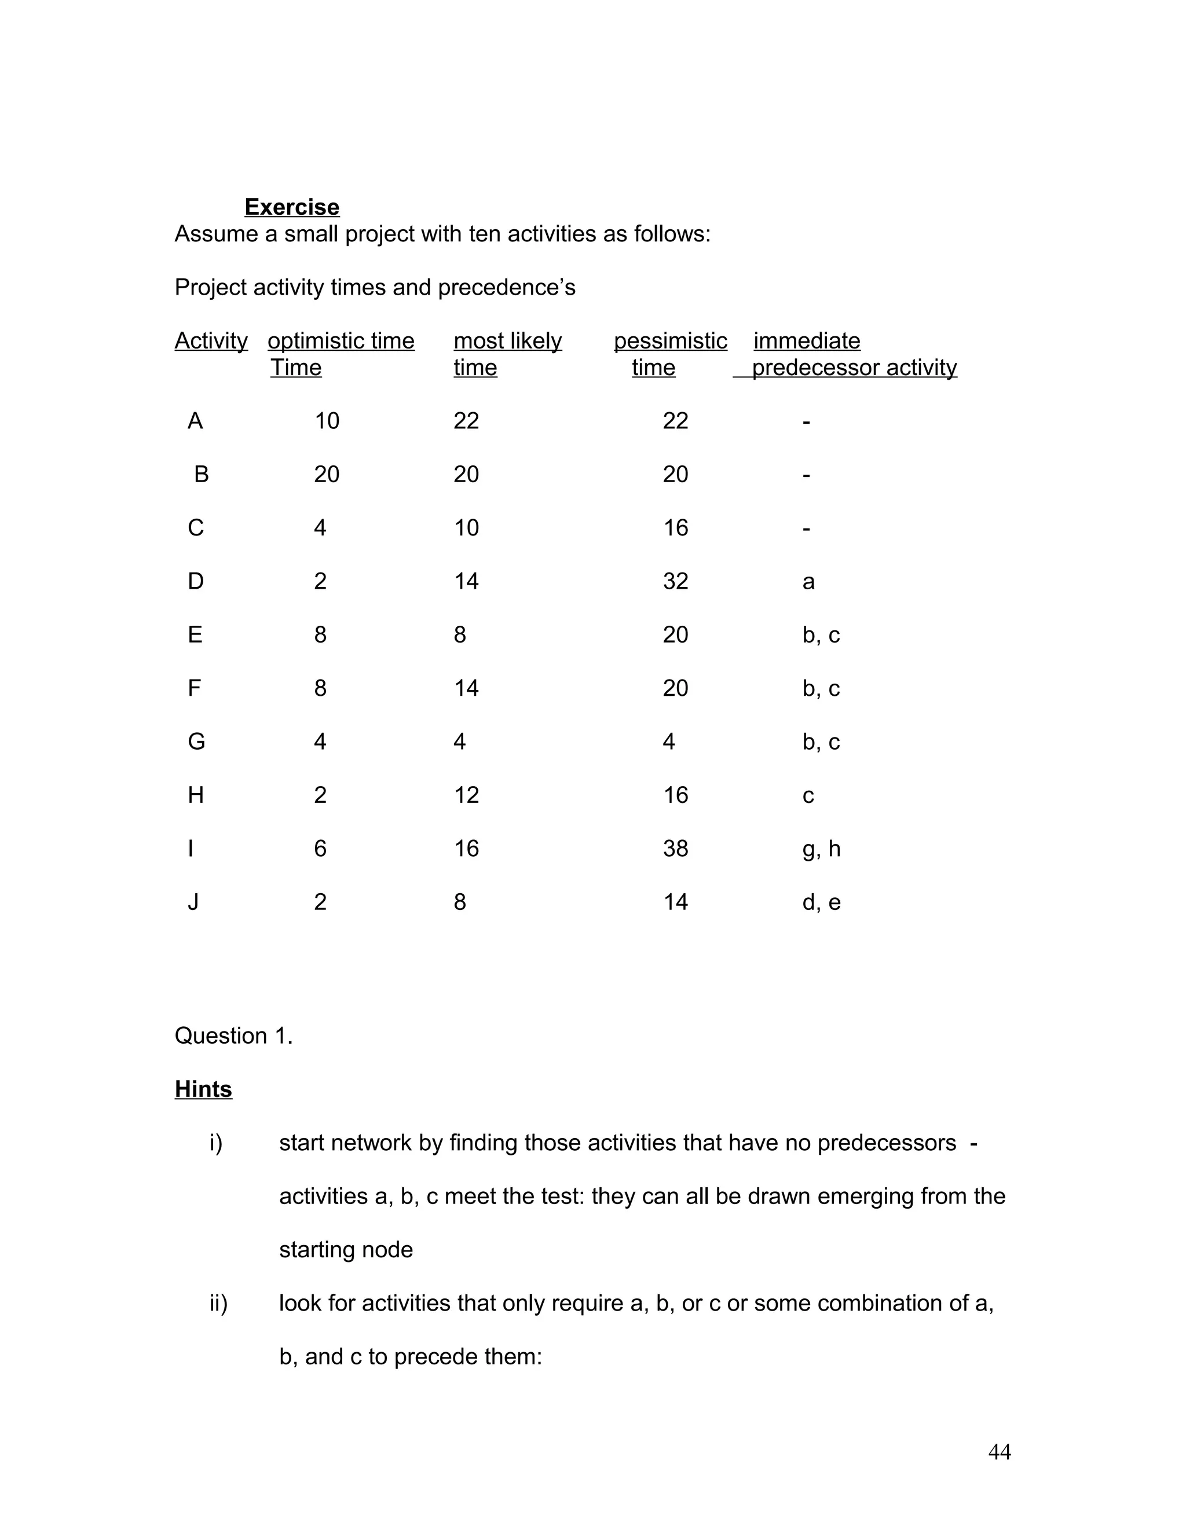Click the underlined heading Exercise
coord(292,207)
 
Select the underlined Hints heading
coord(203,1089)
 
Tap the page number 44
coord(999,1452)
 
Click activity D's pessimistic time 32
coord(675,582)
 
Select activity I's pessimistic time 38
coord(675,849)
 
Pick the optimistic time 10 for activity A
coord(327,421)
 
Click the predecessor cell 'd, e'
coord(821,902)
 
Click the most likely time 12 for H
coord(466,796)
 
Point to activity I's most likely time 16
coord(466,849)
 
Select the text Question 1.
coord(233,1036)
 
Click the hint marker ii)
coord(218,1304)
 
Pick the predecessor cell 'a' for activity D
coord(808,582)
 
